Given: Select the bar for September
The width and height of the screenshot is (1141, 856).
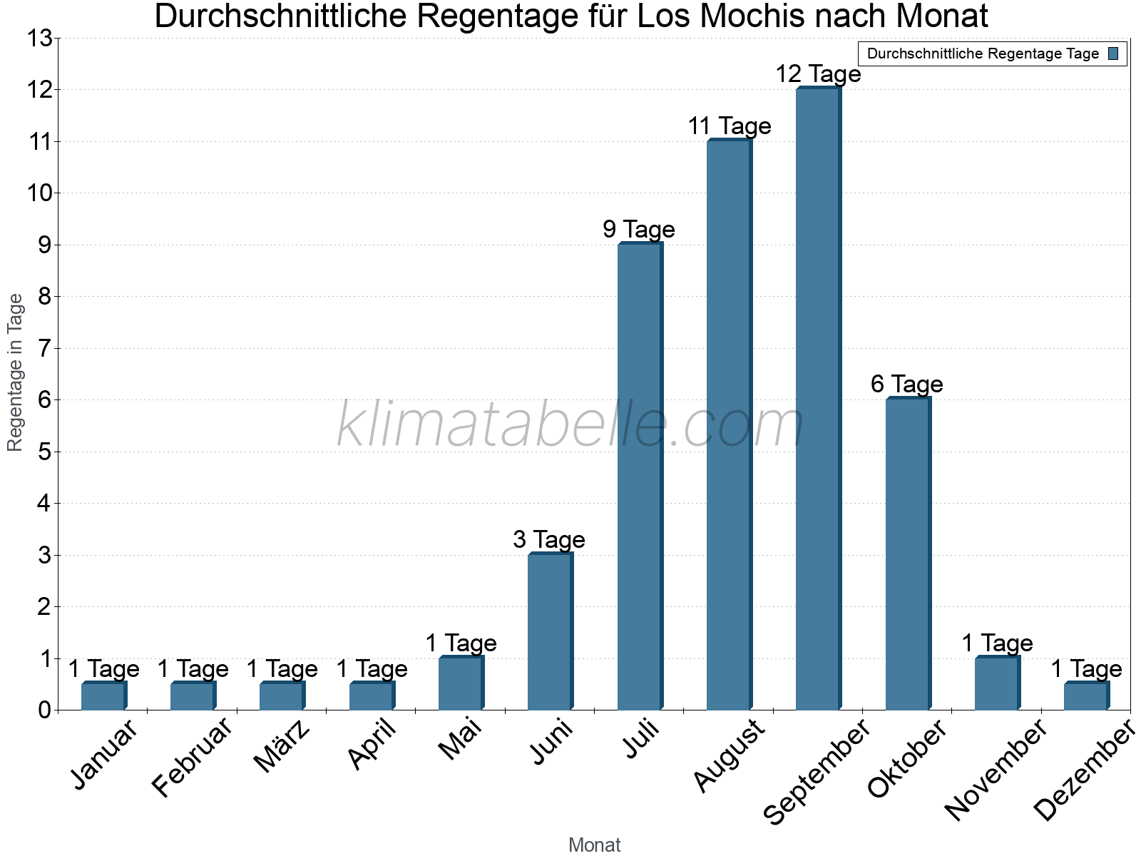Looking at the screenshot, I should coord(817,399).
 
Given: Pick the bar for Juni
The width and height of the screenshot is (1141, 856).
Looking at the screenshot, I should coord(549,632).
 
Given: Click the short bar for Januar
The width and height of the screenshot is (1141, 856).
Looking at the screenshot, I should coord(103,696).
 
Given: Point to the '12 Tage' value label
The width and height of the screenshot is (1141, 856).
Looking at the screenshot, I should coord(818,74).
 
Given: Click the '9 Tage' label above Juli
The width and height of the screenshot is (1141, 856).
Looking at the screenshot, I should coord(639,230).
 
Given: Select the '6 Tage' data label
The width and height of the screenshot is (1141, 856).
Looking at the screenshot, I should coord(907,384).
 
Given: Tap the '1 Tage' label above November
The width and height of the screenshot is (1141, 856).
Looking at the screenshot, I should coord(997,643).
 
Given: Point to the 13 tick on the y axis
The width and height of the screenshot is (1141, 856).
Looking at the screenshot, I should coord(41,38).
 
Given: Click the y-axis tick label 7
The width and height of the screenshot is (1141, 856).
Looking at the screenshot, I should coord(46,348).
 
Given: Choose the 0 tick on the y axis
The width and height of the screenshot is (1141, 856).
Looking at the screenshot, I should coord(46,710).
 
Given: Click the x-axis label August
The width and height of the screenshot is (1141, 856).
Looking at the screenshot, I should coord(729,755).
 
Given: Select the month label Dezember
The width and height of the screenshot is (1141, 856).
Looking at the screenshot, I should coord(1084,770).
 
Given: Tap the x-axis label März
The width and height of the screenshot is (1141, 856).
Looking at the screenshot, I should coord(282,746).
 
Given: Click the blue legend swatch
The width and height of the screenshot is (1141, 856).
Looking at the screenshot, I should coord(1114,53).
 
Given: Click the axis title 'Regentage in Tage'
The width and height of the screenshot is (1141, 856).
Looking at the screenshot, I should coord(15,372).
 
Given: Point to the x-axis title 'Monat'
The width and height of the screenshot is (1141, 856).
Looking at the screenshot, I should coord(594,845).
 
